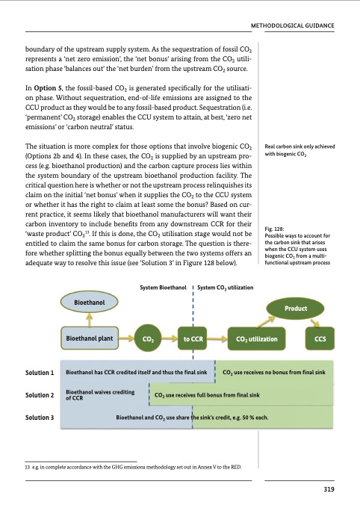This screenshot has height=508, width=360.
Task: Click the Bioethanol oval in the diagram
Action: coord(89,303)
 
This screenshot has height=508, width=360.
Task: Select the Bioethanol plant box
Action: coord(90,338)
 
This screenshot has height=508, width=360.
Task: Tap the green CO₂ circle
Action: coord(147,338)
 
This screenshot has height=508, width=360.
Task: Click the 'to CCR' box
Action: coord(193,338)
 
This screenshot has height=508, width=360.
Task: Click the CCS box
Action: coord(322,338)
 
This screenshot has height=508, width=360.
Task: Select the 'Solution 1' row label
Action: coord(39,372)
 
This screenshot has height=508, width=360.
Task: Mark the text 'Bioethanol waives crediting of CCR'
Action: coord(97,394)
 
